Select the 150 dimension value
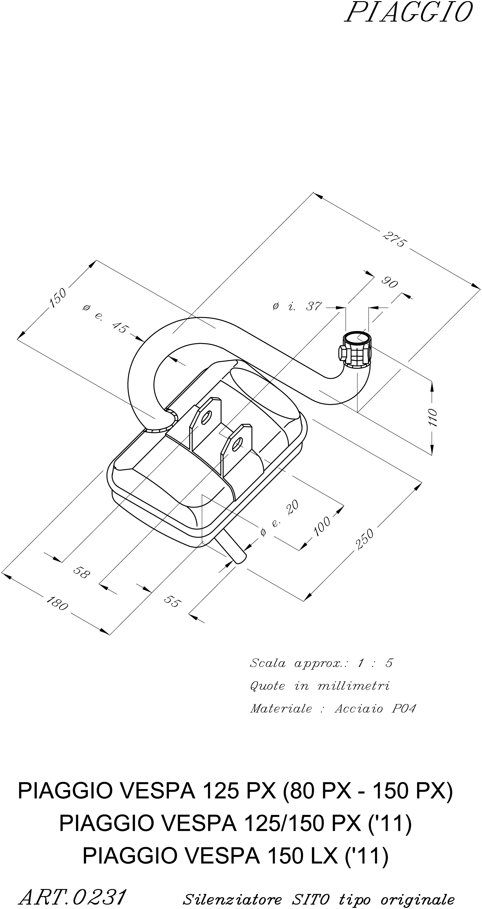coord(57,298)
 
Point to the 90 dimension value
coord(390,283)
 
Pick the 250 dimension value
coord(365,539)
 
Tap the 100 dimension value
coord(322,526)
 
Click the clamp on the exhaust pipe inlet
coord(355,350)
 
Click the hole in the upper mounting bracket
coord(204,417)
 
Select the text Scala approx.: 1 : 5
coord(321,663)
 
